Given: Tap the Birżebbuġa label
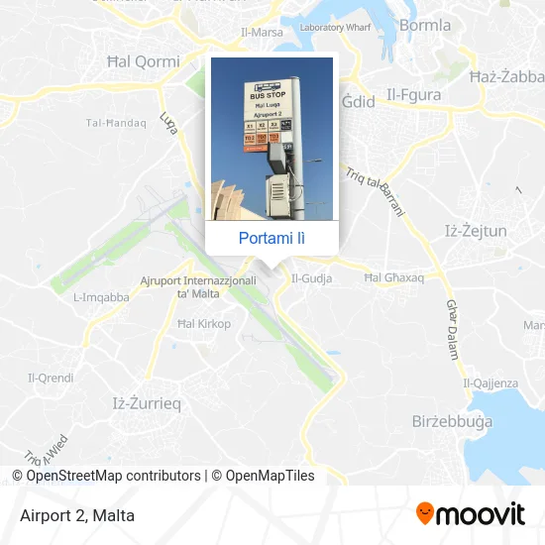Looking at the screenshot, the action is [x=451, y=421].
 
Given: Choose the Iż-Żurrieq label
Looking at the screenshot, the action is [x=141, y=402].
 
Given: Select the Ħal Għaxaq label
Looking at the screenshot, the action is [x=393, y=278].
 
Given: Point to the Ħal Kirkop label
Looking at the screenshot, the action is [x=203, y=324].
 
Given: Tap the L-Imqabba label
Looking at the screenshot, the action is [x=101, y=296].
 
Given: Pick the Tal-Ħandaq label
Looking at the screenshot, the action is [x=116, y=123].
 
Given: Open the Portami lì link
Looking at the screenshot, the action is [x=272, y=238].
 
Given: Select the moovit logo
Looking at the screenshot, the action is [x=471, y=514].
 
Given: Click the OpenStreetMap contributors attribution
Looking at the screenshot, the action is [x=107, y=476].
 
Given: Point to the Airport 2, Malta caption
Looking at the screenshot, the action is [x=76, y=515].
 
